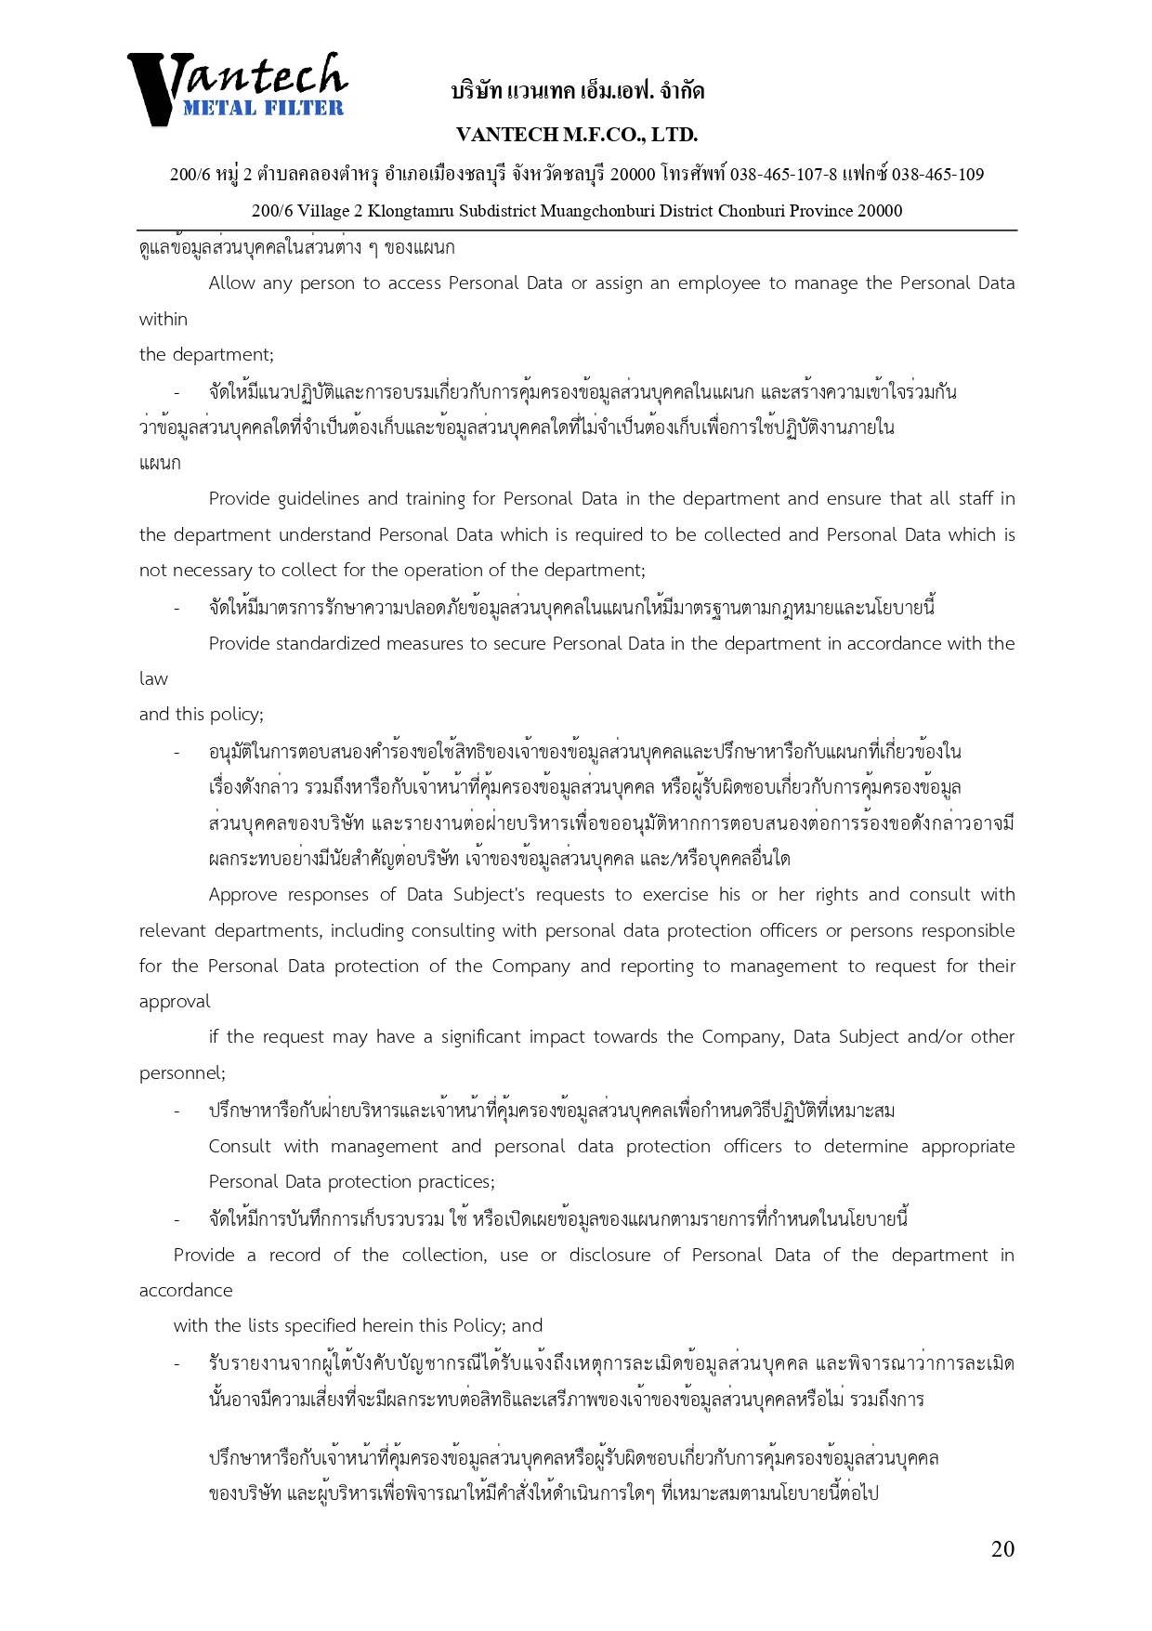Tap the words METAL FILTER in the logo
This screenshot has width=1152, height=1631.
point(263,108)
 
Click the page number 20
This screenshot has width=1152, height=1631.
point(1002,1548)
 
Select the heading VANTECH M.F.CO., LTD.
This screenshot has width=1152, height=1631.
point(577,135)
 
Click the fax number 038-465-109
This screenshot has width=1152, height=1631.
point(937,174)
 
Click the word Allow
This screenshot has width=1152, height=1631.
point(231,283)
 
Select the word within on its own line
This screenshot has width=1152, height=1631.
point(164,319)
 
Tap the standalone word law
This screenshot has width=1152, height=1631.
point(153,678)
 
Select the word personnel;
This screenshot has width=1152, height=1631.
point(182,1072)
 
